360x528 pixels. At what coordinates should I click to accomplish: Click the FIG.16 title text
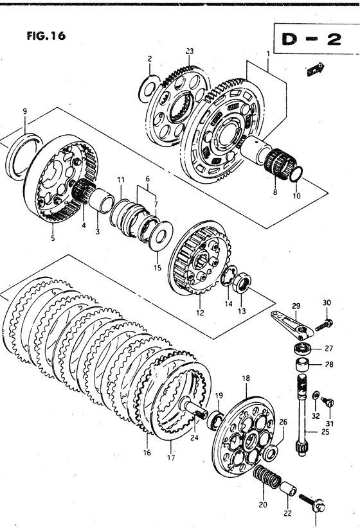point(46,36)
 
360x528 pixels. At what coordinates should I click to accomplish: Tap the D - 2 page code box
point(316,39)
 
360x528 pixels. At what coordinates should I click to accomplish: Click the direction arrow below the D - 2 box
point(316,69)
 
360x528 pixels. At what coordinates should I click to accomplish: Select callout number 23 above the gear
point(190,51)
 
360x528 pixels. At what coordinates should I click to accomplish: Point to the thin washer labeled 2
point(148,88)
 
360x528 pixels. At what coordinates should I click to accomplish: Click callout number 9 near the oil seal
point(25,111)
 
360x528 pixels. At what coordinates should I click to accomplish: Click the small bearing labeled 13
point(242,284)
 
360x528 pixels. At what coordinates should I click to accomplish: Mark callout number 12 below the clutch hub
point(200,313)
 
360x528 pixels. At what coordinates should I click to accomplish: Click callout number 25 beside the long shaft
point(325,432)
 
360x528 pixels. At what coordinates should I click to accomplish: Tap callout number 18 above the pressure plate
point(246,378)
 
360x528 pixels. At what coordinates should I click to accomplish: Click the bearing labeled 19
point(214,420)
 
